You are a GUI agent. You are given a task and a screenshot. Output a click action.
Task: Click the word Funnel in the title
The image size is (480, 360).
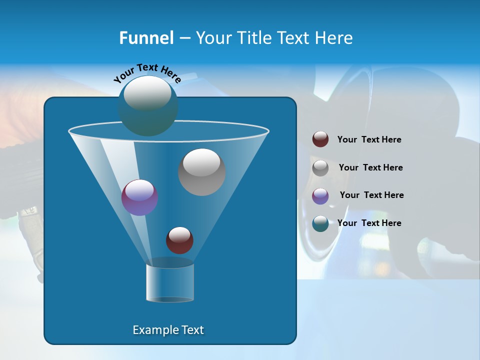tap(146, 38)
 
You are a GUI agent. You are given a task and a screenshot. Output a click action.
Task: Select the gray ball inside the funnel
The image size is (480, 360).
tap(202, 172)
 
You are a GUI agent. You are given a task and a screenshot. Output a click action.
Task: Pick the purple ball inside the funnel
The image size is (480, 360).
tap(139, 197)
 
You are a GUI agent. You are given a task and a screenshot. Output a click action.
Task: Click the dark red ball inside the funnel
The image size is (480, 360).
tap(179, 240)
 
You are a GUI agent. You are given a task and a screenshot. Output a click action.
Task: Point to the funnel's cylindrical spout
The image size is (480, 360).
tap(170, 283)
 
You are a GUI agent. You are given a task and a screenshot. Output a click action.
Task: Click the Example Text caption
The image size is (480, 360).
tap(168, 330)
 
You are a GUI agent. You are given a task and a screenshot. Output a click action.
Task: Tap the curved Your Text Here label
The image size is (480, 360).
tap(147, 72)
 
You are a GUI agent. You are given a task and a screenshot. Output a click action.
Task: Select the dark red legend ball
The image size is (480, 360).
tap(320, 139)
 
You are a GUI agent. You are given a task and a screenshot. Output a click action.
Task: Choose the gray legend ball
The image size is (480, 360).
tap(320, 167)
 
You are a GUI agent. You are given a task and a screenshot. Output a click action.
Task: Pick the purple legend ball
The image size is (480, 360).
tap(320, 195)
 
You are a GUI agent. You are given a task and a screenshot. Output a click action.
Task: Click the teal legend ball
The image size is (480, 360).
tap(320, 223)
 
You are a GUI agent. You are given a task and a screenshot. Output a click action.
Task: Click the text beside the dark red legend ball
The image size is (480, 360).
tap(369, 140)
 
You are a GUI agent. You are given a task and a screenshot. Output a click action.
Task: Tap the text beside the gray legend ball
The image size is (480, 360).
tap(370, 168)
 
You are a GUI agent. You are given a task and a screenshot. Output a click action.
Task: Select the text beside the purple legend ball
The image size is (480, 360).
tap(371, 195)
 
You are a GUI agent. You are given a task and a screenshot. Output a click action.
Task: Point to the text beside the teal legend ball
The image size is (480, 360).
tap(369, 223)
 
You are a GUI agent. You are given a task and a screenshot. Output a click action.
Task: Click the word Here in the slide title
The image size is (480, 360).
tap(334, 38)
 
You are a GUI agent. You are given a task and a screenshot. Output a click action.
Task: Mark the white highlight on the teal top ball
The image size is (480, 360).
tap(147, 93)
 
